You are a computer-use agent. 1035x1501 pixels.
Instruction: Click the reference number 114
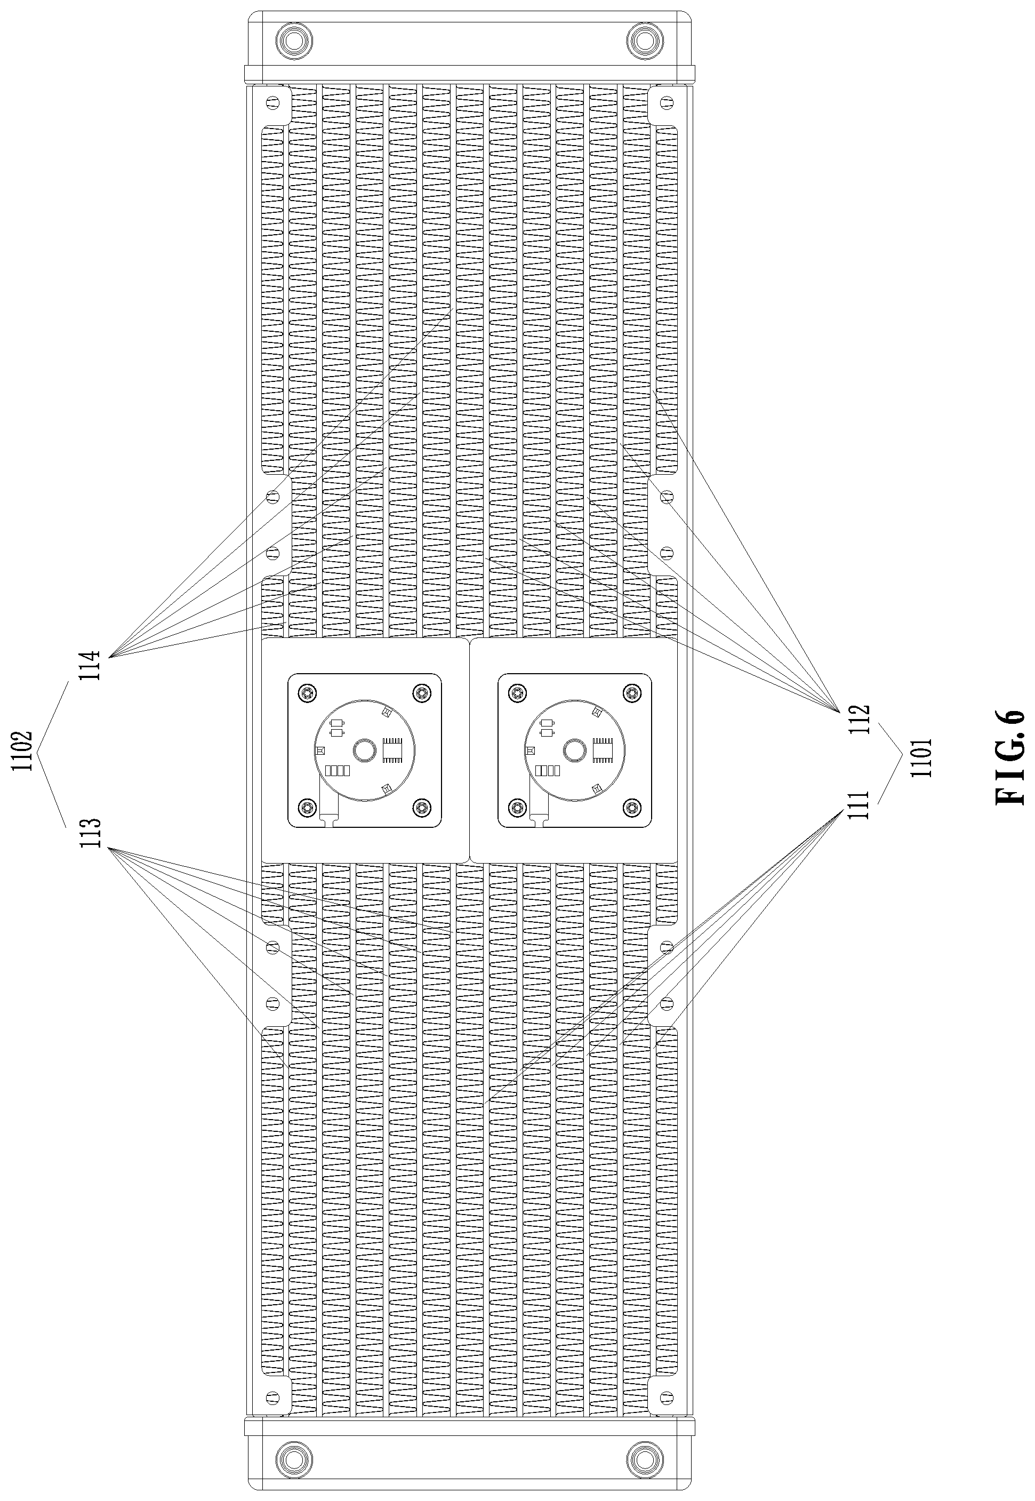click(94, 665)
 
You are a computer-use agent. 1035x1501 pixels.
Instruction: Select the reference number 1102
click(25, 751)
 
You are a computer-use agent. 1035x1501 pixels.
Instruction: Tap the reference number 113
click(94, 832)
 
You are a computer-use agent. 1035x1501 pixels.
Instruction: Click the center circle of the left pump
click(364, 751)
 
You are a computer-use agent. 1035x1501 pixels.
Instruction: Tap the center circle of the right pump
click(574, 751)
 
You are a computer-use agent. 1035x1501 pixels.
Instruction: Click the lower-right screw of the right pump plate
click(632, 808)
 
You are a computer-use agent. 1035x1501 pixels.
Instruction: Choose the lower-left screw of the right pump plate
click(517, 808)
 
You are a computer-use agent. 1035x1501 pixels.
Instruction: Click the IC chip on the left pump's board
click(393, 750)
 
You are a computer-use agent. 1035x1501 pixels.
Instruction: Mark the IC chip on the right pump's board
click(603, 750)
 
